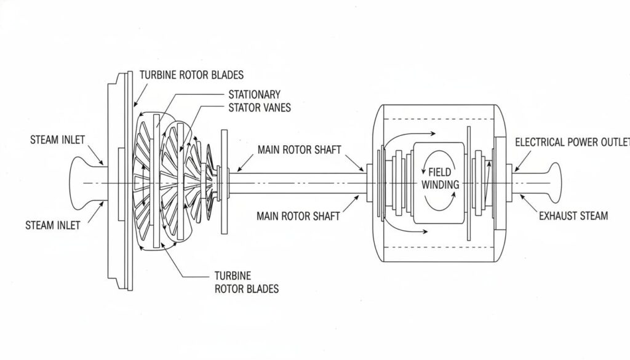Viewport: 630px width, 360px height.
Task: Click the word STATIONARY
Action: pyautogui.click(x=254, y=95)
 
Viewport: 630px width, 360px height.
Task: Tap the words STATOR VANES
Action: pyautogui.click(x=260, y=107)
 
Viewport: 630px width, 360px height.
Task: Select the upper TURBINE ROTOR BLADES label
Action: pyautogui.click(x=191, y=75)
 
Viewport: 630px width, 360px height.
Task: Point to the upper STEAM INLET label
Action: pyautogui.click(x=57, y=140)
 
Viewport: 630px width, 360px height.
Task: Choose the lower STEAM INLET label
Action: pyautogui.click(x=52, y=225)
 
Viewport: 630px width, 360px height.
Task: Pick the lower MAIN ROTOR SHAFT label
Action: pyautogui.click(x=298, y=216)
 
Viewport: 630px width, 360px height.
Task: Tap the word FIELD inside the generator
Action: pyautogui.click(x=439, y=173)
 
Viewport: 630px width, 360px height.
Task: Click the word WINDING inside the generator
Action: pyautogui.click(x=440, y=185)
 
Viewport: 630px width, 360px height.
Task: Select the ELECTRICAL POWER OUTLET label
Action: pyautogui.click(x=572, y=142)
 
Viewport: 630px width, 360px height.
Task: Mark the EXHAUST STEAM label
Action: pyautogui.click(x=573, y=215)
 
